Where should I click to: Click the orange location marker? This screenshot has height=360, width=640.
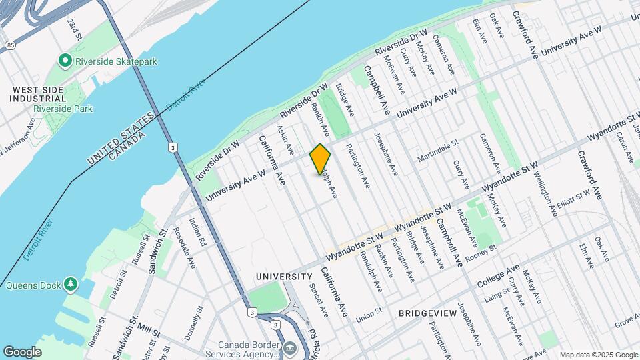[x=320, y=159]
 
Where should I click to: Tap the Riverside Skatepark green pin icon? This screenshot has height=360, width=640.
[x=65, y=61]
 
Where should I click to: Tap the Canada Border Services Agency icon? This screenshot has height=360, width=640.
[x=290, y=348]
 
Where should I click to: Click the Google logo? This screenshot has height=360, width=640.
[x=22, y=352]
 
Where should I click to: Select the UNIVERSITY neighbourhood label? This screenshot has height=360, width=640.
[x=284, y=277]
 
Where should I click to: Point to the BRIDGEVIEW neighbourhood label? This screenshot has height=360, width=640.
[x=427, y=313]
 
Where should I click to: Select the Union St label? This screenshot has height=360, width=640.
[x=369, y=311]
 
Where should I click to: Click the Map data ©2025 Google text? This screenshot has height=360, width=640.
[x=598, y=355]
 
